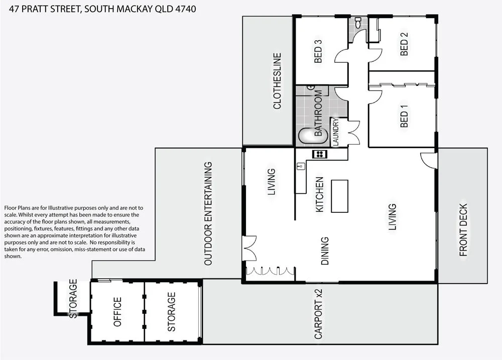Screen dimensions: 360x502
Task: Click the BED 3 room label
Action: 318,51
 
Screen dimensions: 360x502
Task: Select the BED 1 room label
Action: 404,116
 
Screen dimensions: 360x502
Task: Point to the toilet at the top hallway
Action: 358,23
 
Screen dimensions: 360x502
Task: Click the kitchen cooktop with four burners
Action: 319,154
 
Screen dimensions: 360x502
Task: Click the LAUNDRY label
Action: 336,133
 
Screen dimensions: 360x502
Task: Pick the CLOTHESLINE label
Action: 277,81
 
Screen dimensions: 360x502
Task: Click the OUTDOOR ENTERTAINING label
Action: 207,213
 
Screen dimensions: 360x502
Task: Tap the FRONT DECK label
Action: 463,230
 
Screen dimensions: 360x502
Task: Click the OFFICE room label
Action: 117,312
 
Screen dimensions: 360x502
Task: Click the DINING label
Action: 325,251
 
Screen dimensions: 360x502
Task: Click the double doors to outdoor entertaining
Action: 248,250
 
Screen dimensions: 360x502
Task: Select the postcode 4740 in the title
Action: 183,9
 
